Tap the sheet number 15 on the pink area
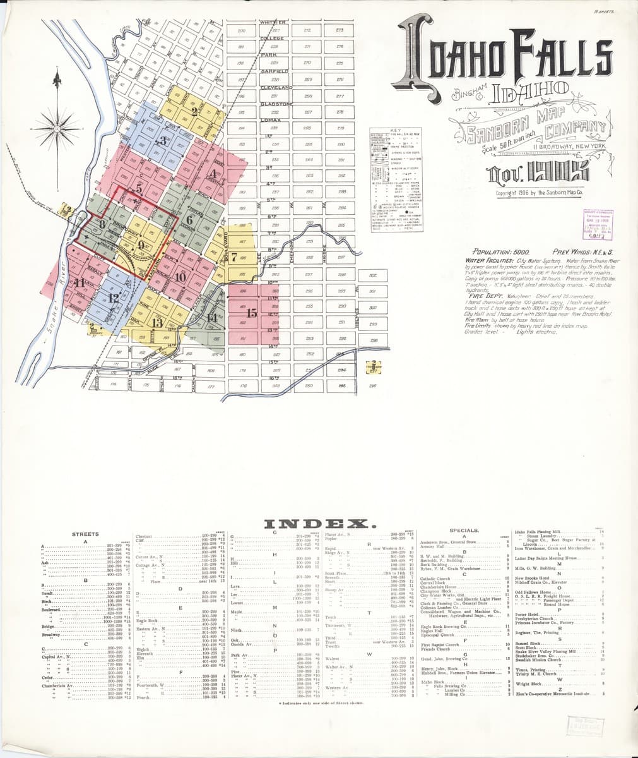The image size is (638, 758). (252, 313)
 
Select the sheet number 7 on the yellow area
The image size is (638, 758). (235, 257)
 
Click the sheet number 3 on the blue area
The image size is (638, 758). (165, 141)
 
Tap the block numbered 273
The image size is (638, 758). (340, 30)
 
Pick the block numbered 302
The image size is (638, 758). (373, 275)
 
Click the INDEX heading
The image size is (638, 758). (319, 524)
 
